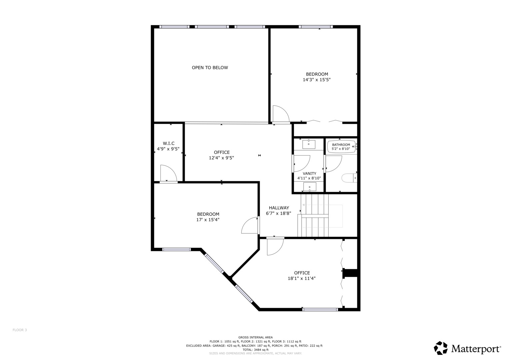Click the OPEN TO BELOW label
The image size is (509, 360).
tap(210, 68)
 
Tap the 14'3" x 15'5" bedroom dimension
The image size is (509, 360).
tap(316, 80)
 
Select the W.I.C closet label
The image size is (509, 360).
tap(168, 143)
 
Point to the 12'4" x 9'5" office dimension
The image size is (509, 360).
tap(221, 158)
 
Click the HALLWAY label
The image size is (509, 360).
tap(279, 208)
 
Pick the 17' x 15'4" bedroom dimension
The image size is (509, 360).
tap(208, 220)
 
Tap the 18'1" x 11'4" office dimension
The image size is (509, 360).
tap(301, 278)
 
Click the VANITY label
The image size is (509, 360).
tap(309, 173)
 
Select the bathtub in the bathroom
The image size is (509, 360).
tap(342, 146)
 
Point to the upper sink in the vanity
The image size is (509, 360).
tap(309, 144)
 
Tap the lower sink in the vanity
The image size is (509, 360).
tap(310, 187)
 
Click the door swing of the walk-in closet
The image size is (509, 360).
tap(168, 173)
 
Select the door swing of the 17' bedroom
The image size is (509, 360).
tap(250, 226)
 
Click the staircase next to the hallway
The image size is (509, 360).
tap(315, 215)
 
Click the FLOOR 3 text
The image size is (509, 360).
tap(20, 330)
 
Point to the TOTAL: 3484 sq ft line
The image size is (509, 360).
tap(255, 350)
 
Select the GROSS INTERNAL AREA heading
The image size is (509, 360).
tap(255, 337)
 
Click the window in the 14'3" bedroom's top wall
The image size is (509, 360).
tap(315, 27)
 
